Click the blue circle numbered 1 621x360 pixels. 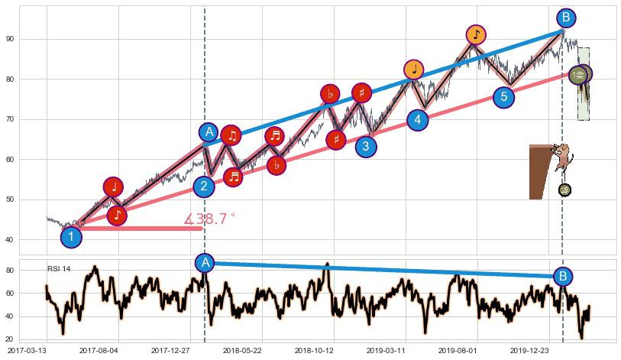pyautogui.click(x=71, y=237)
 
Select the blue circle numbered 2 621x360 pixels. pyautogui.click(x=204, y=187)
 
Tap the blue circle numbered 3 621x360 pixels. pyautogui.click(x=366, y=146)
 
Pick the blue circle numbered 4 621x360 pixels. pyautogui.click(x=417, y=120)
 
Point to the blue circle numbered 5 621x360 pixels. pyautogui.click(x=503, y=97)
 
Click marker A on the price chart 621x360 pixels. pyautogui.click(x=209, y=132)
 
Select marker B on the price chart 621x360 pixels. pyautogui.click(x=565, y=18)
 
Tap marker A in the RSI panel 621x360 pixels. pyautogui.click(x=205, y=263)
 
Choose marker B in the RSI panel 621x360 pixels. pyautogui.click(x=562, y=276)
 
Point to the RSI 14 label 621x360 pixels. pyautogui.click(x=59, y=269)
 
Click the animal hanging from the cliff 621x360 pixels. pyautogui.click(x=564, y=158)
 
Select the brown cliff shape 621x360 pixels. pyautogui.click(x=540, y=172)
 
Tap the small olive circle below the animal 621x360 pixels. pyautogui.click(x=564, y=190)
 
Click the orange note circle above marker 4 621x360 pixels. pyautogui.click(x=414, y=70)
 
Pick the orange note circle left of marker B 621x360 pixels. pyautogui.click(x=477, y=34)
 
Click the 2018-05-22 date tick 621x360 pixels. pyautogui.click(x=243, y=350)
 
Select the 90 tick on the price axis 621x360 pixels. pyautogui.click(x=31, y=39)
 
